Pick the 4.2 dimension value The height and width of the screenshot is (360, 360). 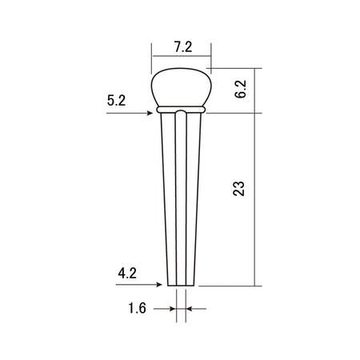click(x=127, y=273)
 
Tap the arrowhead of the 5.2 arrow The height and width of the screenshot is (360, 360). click(x=152, y=114)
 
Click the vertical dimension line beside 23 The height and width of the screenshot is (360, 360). click(x=255, y=200)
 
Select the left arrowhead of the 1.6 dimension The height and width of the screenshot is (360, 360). click(x=172, y=308)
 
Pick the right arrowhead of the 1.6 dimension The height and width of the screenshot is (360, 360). click(x=190, y=308)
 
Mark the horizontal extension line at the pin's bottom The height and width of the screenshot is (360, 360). click(x=228, y=286)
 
